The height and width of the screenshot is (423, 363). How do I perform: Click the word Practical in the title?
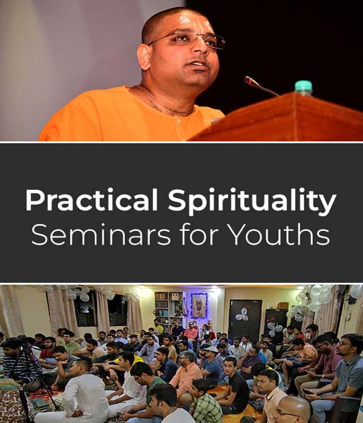(91, 200)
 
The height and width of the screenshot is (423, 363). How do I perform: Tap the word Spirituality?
(252, 202)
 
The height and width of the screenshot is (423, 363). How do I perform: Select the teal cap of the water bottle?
(304, 86)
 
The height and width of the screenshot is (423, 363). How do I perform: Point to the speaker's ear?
(145, 57)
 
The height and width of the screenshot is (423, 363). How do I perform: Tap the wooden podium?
(278, 117)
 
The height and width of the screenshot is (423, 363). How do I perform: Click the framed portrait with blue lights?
(199, 305)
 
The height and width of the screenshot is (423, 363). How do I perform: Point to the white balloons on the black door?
(242, 314)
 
